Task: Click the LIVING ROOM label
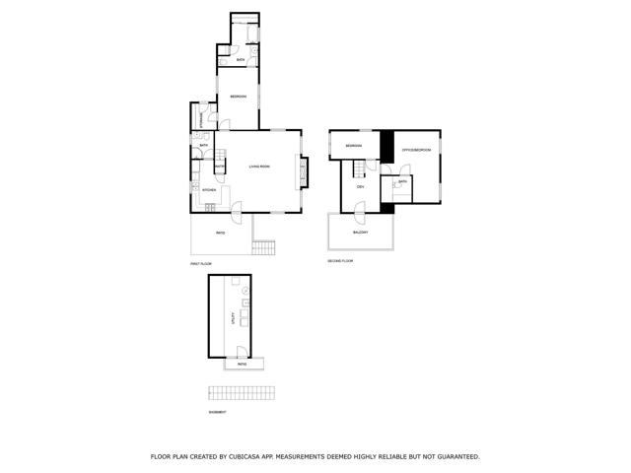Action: [x=259, y=167]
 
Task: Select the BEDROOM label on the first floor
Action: [x=238, y=96]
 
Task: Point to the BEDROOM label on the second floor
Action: [x=354, y=146]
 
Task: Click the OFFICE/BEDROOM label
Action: [x=416, y=150]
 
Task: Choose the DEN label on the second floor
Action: [x=361, y=186]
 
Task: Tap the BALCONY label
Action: [x=361, y=233]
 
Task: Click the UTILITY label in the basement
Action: [x=233, y=317]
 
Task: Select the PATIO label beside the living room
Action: [x=220, y=233]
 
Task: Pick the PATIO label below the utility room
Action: [x=242, y=365]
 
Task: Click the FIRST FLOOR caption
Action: [x=201, y=264]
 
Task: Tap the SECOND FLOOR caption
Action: [x=340, y=261]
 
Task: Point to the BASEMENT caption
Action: [x=218, y=412]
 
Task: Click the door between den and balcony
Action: [x=360, y=210]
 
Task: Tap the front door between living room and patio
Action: [x=237, y=209]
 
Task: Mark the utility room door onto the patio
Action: [x=241, y=353]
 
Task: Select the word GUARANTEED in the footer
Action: [x=456, y=456]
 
